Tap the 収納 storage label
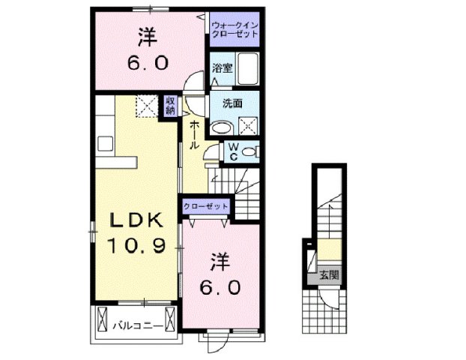[x=171, y=106]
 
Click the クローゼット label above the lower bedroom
[x=205, y=205]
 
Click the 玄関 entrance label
[x=329, y=275]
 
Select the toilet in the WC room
[x=251, y=152]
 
